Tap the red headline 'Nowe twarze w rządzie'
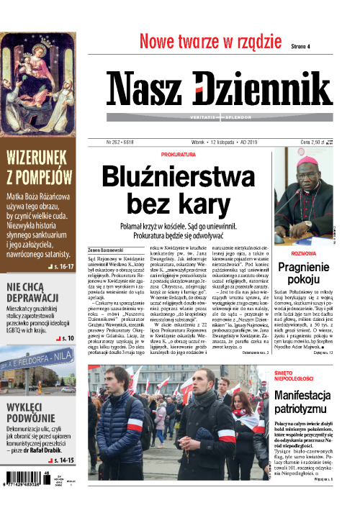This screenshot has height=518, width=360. pos(210,41)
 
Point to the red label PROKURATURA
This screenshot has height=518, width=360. pos(179,154)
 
